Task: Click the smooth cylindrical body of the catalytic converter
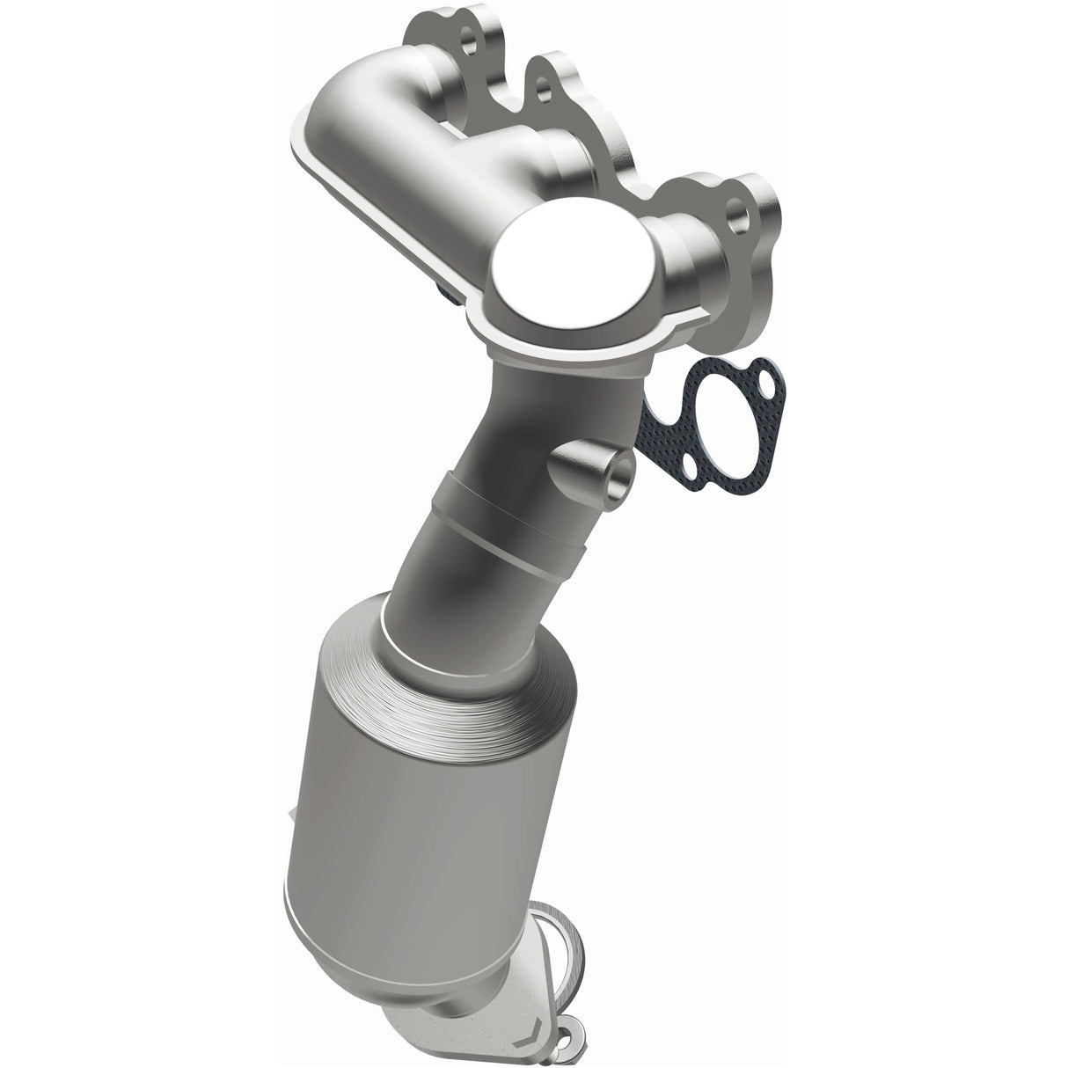click(x=405, y=836)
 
